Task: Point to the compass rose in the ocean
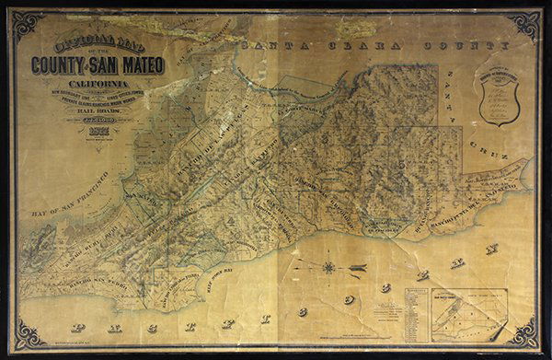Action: click(328, 267)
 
